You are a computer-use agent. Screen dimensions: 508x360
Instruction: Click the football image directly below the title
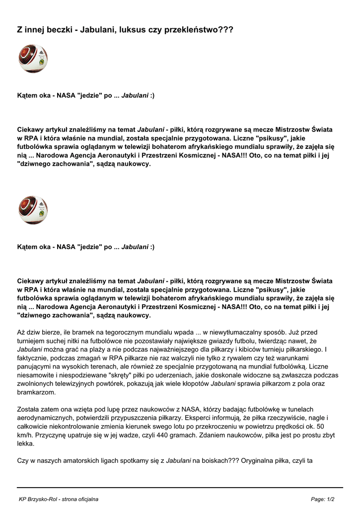pyautogui.click(x=33, y=59)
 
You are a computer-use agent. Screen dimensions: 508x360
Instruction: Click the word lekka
pyautogui.click(x=25, y=444)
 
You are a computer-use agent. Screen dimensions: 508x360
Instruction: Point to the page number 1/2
pyautogui.click(x=330, y=499)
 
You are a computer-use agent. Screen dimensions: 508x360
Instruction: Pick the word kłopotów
pyautogui.click(x=194, y=383)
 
